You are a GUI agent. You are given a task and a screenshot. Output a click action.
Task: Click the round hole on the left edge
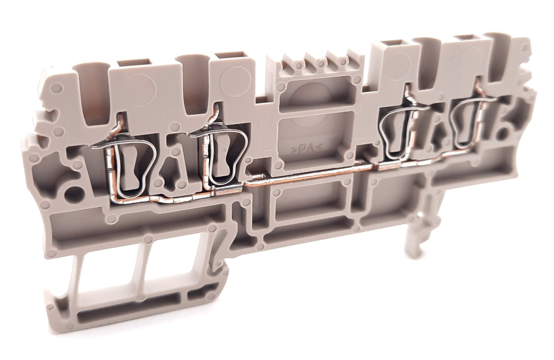pos(72,193)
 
